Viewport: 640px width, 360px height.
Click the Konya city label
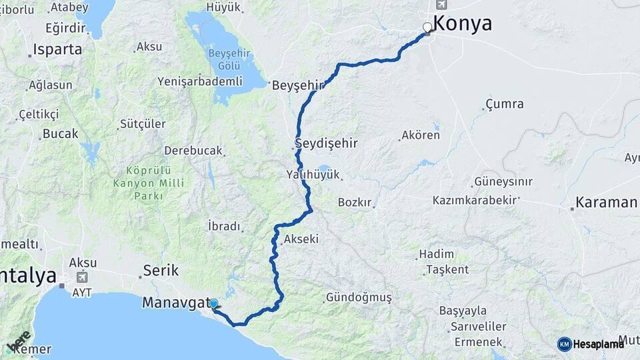(x=463, y=23)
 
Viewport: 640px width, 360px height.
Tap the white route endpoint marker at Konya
(x=427, y=28)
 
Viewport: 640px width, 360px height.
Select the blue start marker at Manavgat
(x=213, y=304)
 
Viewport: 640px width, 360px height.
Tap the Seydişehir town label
(x=327, y=143)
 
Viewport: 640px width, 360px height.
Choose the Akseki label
(x=301, y=239)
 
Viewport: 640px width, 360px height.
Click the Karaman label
(x=606, y=203)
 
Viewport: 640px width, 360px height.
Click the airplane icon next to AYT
(x=82, y=277)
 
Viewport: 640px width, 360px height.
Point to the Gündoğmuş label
(x=359, y=297)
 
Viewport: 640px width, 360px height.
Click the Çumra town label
(x=504, y=104)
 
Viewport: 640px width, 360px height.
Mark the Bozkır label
(x=355, y=202)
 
